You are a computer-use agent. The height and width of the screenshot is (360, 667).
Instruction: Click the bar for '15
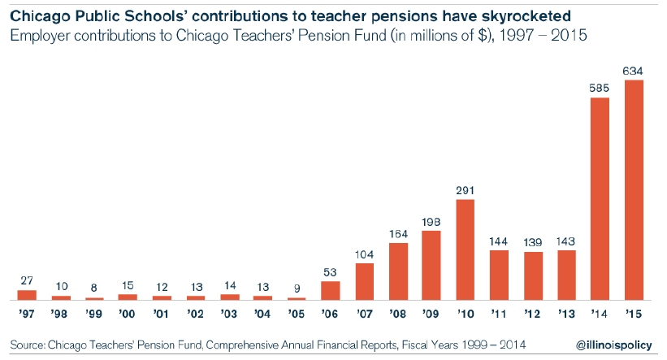pos(634,190)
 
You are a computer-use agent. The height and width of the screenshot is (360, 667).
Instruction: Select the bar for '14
pos(600,199)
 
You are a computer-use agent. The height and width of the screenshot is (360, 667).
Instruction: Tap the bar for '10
pos(466,249)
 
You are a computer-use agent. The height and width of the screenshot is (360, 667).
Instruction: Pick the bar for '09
pos(431,266)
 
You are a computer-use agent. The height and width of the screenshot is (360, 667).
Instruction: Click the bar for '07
pos(365,281)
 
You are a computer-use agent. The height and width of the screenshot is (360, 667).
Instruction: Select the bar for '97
pos(27,295)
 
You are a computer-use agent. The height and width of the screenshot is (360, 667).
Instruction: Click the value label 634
pos(634,71)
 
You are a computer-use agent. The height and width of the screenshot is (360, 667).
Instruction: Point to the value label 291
pos(466,190)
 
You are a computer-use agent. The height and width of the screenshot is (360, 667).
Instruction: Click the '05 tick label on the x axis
pos(297,312)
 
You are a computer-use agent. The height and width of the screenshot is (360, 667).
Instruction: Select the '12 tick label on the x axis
pos(533,312)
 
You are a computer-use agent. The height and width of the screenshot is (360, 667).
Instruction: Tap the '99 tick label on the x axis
pos(94,312)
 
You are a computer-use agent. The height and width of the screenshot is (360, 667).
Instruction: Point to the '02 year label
pos(196,312)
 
